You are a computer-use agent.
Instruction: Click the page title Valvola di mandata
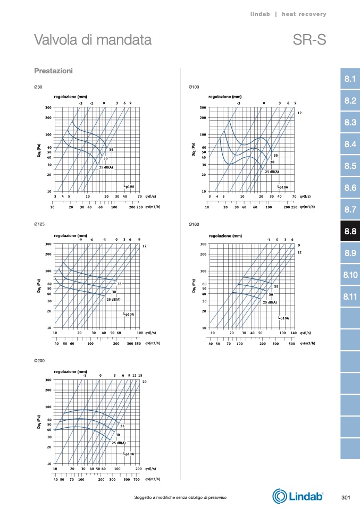pyautogui.click(x=93, y=40)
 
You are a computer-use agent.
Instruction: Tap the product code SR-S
pyautogui.click(x=309, y=40)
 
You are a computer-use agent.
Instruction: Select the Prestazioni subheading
pyautogui.click(x=53, y=71)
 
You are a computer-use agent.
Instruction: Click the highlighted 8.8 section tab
pyautogui.click(x=350, y=231)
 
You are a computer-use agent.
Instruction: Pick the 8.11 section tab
pyautogui.click(x=350, y=296)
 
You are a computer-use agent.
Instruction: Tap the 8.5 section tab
pyautogui.click(x=350, y=166)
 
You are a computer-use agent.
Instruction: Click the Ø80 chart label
pyautogui.click(x=38, y=87)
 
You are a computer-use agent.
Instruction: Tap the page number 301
pyautogui.click(x=346, y=497)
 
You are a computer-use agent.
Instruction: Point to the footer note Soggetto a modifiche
pyautogui.click(x=180, y=497)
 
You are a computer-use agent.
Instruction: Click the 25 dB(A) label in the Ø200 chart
pyautogui.click(x=118, y=443)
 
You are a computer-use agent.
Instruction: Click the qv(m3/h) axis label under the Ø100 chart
pyautogui.click(x=307, y=207)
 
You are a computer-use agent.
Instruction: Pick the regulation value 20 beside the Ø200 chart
pyautogui.click(x=144, y=383)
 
